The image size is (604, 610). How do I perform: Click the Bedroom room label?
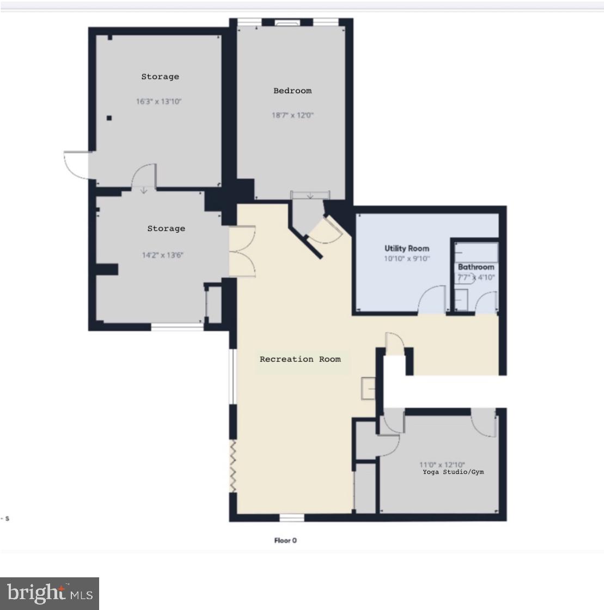[x=292, y=91]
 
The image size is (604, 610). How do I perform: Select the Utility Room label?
[x=407, y=248]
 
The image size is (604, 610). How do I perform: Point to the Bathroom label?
[x=476, y=267]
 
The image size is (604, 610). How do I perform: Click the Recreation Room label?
[x=300, y=359]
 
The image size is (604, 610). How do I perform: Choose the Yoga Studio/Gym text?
[x=453, y=472]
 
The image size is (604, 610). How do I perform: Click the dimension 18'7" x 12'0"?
[x=293, y=115]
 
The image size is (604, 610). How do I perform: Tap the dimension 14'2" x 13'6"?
[x=163, y=255]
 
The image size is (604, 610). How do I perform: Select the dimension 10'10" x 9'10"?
[x=407, y=259]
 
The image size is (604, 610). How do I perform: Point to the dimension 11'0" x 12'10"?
[x=442, y=465]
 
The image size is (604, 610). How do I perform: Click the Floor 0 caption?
[x=285, y=541]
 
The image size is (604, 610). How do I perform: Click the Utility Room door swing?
[x=432, y=300]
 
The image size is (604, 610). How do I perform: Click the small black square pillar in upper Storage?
[x=109, y=118]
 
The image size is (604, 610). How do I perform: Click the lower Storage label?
[x=166, y=229]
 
